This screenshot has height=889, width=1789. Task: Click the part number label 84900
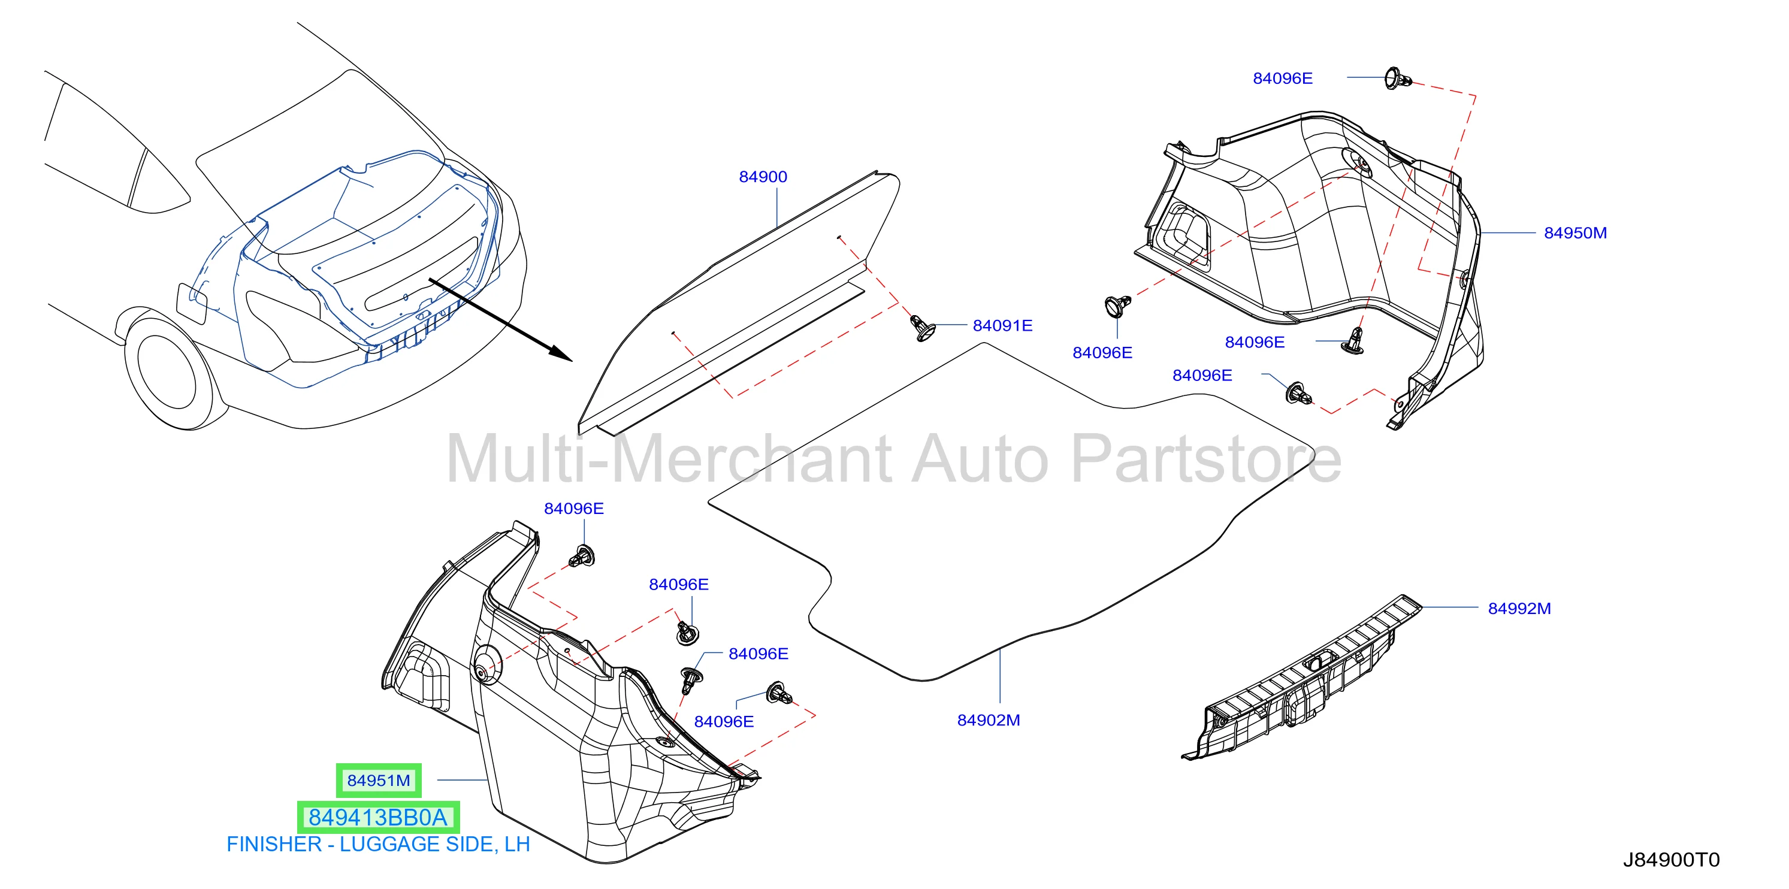click(763, 177)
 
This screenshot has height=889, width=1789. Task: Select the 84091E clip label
click(1002, 326)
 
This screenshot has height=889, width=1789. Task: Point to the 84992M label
click(1519, 609)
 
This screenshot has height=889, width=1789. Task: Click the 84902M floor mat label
click(988, 720)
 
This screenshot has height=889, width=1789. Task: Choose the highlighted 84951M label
click(379, 781)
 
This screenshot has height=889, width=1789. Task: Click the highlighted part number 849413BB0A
click(379, 818)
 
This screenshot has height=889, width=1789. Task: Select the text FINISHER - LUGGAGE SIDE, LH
click(379, 845)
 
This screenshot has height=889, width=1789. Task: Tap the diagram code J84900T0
click(1671, 860)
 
